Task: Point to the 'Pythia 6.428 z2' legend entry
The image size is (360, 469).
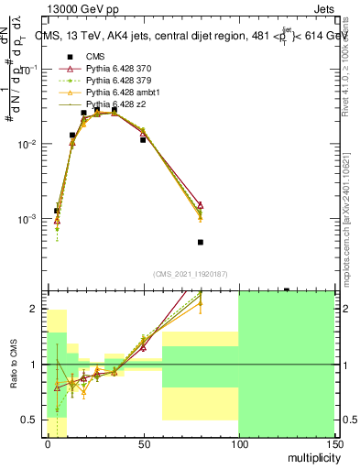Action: pos(113,105)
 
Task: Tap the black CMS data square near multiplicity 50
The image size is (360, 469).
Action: pos(143,140)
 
